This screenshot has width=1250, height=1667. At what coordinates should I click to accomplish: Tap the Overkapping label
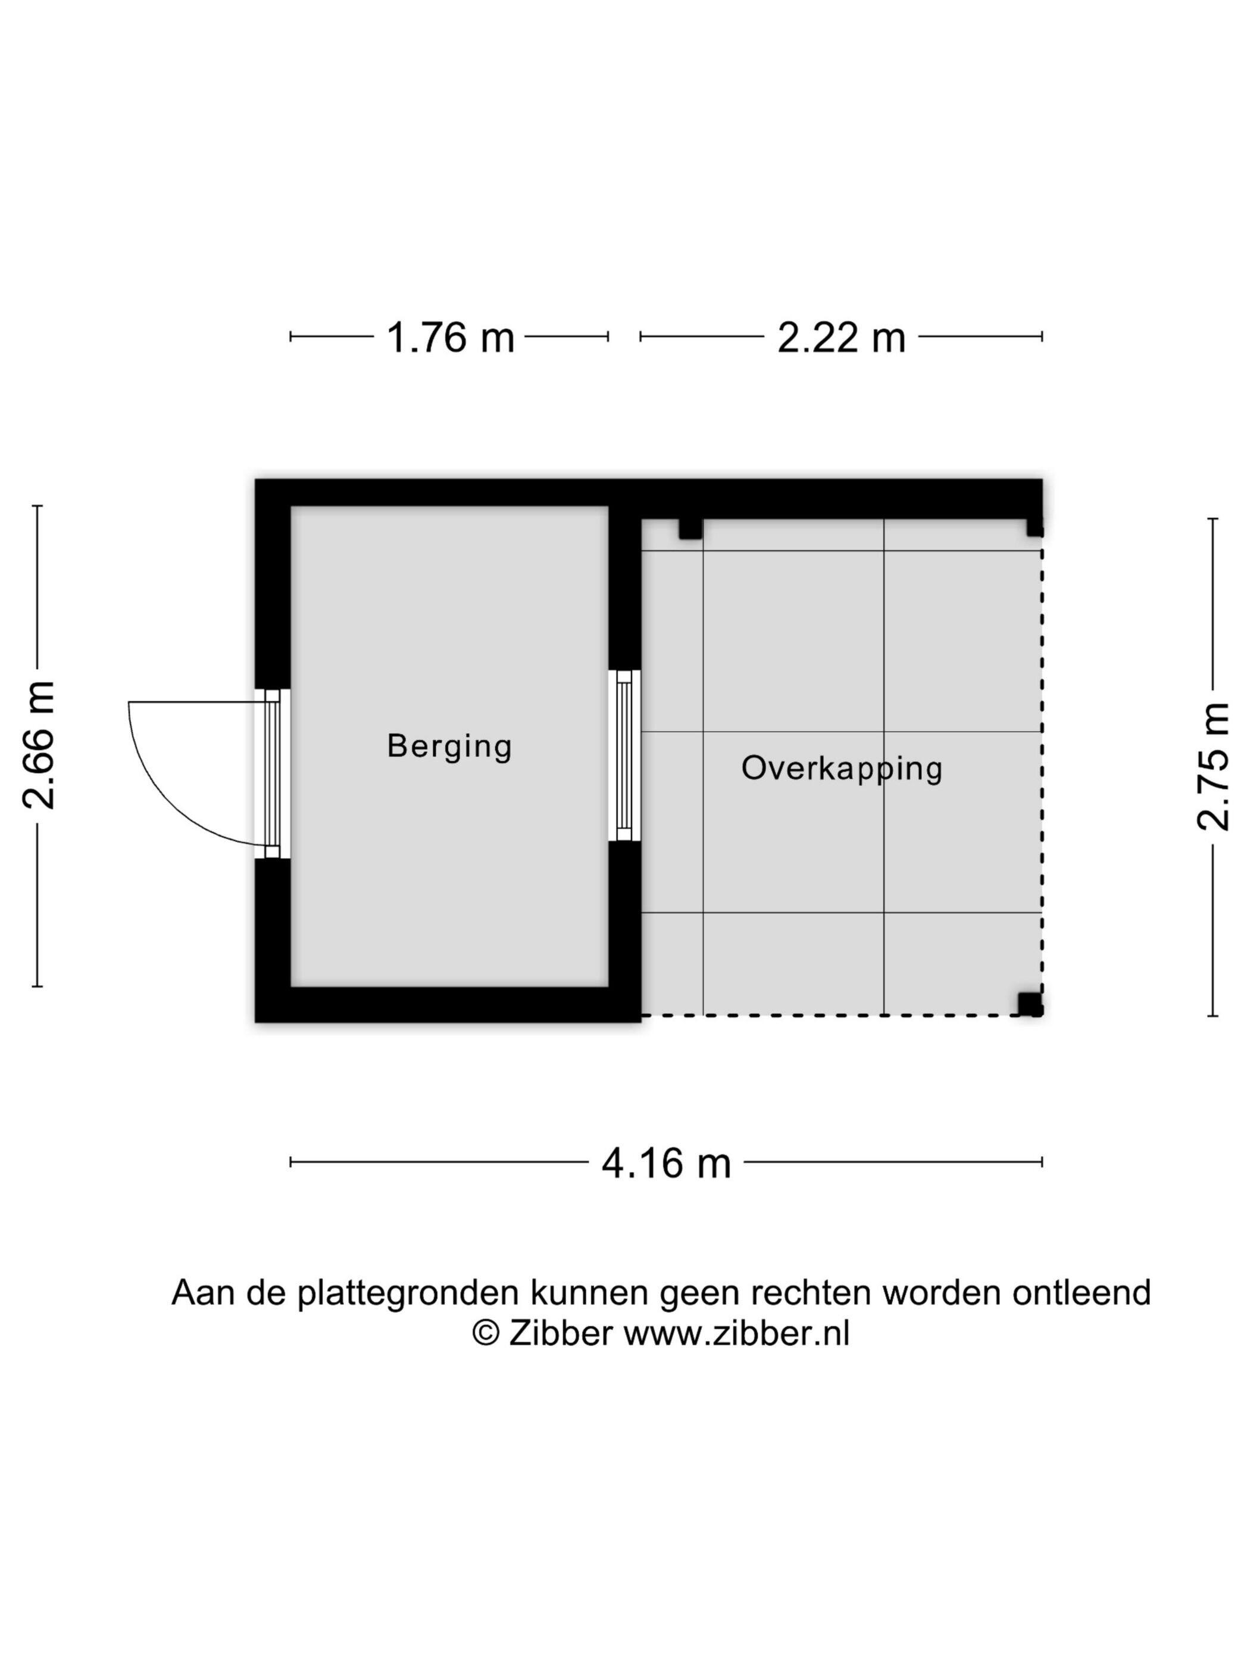[842, 769]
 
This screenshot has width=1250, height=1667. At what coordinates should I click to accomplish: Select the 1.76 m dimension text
[450, 337]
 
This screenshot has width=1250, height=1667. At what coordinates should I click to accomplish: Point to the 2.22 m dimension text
[841, 337]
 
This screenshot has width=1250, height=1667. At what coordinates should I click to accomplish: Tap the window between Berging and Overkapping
[624, 755]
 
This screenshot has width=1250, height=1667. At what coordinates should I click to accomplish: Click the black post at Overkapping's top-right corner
[1035, 527]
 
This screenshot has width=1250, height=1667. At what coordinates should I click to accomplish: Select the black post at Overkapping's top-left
[690, 528]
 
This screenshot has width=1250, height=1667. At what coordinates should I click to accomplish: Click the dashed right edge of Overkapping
[1042, 776]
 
